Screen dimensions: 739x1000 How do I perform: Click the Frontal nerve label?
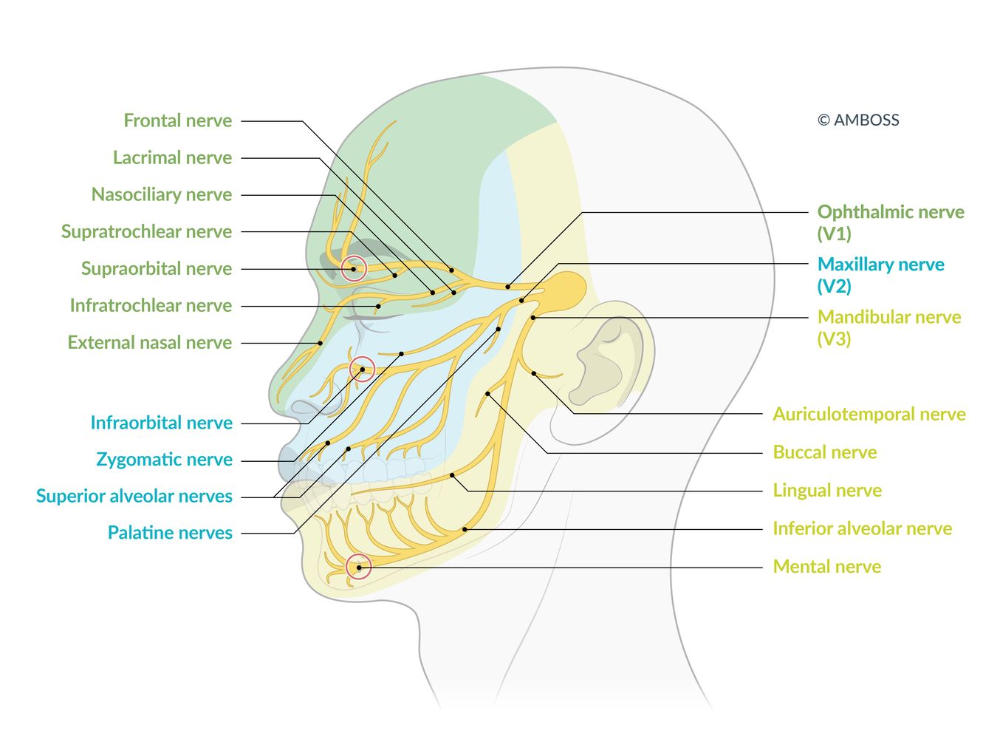(x=177, y=120)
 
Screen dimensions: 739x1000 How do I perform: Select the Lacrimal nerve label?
(x=172, y=157)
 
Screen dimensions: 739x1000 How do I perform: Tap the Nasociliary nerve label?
(x=161, y=194)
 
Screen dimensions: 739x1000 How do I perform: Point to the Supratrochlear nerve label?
(x=146, y=231)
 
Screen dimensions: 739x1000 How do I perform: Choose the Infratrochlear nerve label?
(x=151, y=305)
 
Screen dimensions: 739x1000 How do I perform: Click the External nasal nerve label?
(x=149, y=342)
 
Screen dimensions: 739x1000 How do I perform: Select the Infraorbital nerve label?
(x=161, y=423)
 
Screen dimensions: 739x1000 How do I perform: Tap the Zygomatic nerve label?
(x=164, y=460)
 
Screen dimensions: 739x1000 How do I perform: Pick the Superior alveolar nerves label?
(x=134, y=496)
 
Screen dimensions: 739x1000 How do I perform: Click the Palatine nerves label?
(x=170, y=533)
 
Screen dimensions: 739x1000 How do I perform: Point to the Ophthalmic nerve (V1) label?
(x=890, y=222)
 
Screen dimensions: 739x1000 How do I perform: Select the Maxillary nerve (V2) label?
(x=880, y=274)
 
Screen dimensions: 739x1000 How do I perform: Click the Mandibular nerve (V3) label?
(x=888, y=327)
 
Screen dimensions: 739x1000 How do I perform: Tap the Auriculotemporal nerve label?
(x=869, y=415)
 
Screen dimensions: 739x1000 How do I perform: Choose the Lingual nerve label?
(x=826, y=491)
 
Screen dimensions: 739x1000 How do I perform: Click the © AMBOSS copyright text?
(x=857, y=120)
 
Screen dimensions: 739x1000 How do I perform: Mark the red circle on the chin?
(x=358, y=567)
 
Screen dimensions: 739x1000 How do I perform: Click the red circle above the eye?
(x=354, y=268)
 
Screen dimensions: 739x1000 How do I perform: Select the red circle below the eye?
(x=362, y=369)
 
